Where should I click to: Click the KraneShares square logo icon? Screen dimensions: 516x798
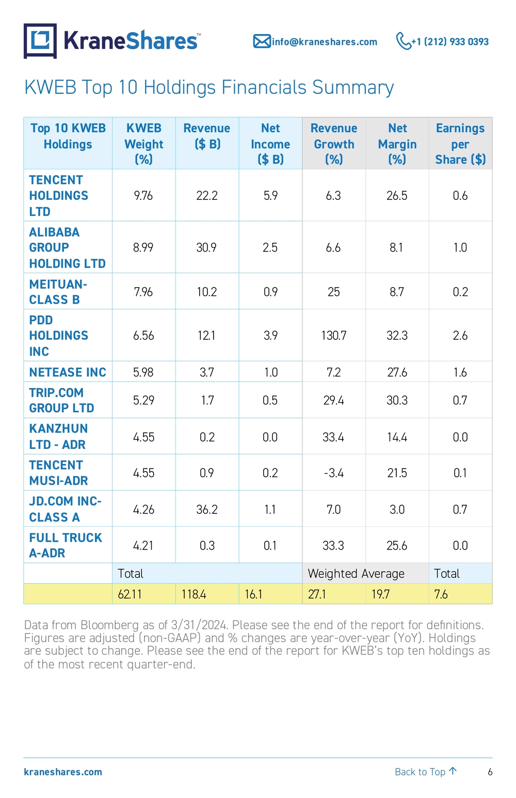(40, 41)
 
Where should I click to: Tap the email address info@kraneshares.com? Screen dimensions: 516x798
(324, 42)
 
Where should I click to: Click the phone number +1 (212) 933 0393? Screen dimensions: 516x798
(450, 42)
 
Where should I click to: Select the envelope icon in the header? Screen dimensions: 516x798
(262, 41)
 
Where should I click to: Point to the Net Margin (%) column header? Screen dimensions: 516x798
(397, 144)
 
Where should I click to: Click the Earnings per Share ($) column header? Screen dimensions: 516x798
(460, 144)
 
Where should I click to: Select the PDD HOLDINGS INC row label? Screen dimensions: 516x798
(58, 335)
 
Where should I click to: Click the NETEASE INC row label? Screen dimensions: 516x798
(68, 372)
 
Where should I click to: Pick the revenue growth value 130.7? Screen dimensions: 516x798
(333, 335)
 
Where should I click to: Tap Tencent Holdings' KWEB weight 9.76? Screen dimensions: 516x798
(143, 195)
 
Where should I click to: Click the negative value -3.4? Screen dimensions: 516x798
(333, 473)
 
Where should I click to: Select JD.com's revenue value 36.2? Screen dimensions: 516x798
(207, 509)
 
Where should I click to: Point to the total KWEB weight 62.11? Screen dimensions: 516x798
(130, 594)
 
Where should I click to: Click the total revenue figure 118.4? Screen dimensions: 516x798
(193, 594)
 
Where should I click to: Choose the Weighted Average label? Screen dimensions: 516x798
(356, 573)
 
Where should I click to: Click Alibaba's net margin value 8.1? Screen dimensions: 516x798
(396, 247)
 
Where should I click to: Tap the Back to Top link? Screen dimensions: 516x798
(426, 772)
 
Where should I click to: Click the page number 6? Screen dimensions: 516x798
(490, 772)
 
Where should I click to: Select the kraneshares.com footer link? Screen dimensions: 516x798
(63, 772)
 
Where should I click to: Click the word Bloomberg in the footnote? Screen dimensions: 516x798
(109, 625)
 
